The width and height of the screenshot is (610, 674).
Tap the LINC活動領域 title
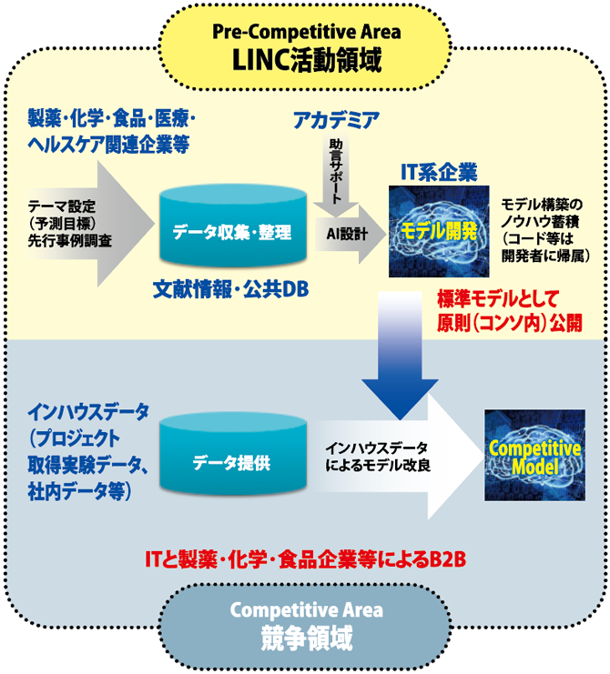[306, 60]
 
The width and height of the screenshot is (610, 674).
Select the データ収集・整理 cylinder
[231, 232]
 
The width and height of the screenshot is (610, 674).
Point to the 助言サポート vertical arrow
[334, 173]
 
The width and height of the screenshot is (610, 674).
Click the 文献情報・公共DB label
[231, 289]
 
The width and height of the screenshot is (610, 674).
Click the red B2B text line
[306, 557]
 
